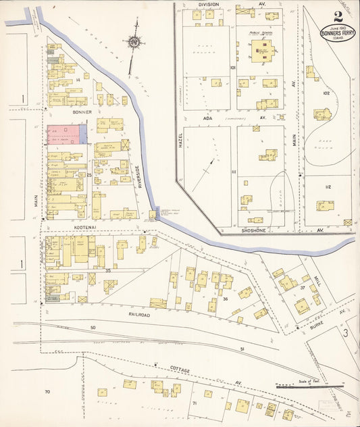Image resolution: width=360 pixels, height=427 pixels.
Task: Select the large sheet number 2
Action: (x=337, y=16)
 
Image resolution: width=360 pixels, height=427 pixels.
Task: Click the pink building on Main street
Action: (x=63, y=134)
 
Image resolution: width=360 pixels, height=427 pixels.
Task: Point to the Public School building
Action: (x=261, y=51)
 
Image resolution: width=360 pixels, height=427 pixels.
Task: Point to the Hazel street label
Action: (x=181, y=140)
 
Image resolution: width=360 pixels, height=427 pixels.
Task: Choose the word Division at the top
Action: (x=208, y=4)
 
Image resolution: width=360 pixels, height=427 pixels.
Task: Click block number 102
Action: (x=326, y=93)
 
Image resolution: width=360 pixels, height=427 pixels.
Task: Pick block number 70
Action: (x=47, y=392)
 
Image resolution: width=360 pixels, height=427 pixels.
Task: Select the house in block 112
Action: (x=326, y=205)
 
